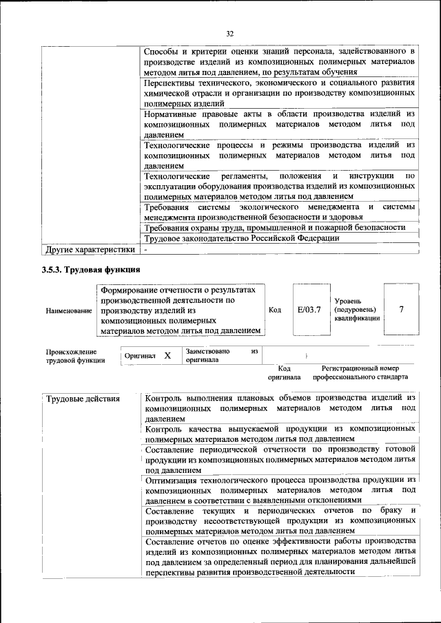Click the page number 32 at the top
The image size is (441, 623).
click(x=230, y=32)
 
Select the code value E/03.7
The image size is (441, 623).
click(x=309, y=310)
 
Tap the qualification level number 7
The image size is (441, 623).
click(x=401, y=309)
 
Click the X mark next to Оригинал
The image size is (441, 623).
click(x=167, y=356)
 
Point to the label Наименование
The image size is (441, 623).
click(x=69, y=311)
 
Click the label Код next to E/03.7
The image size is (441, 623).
click(x=275, y=310)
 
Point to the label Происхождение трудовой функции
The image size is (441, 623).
click(x=76, y=356)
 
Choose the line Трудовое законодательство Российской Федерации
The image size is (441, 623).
click(x=241, y=238)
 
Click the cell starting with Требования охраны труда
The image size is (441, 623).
click(x=274, y=227)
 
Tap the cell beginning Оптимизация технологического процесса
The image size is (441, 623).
click(x=280, y=489)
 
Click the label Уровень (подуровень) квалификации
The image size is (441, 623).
click(x=356, y=310)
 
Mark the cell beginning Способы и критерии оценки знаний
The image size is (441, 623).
click(x=280, y=61)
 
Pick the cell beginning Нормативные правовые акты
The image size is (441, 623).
click(x=280, y=125)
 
